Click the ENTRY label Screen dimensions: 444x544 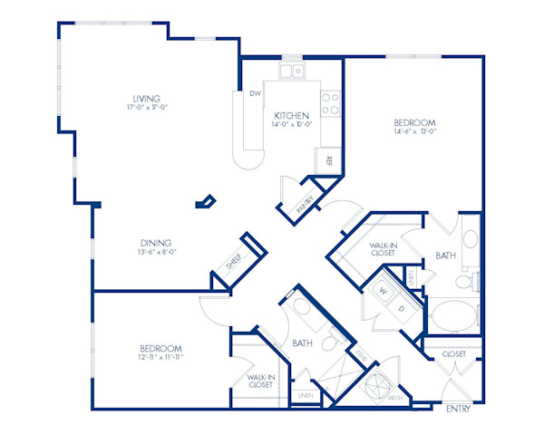point(459,410)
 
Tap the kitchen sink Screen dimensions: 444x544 point(292,69)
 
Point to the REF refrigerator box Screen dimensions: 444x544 point(329,161)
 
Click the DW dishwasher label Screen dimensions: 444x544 point(256,93)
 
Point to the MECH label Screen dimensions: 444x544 point(395,396)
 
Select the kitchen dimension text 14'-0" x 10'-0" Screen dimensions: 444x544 point(292,125)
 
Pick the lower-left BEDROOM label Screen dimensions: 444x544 point(160,348)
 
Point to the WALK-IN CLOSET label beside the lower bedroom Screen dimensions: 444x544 point(260,381)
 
